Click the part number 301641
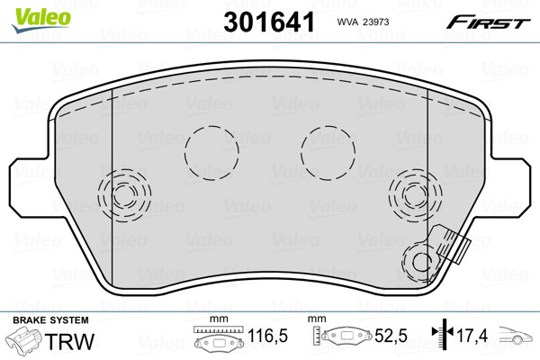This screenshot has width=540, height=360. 269,22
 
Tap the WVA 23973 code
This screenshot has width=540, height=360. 363,22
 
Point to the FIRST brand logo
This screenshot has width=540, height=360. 488,22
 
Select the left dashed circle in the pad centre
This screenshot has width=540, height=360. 184,153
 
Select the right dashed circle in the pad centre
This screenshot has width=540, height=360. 301,153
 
